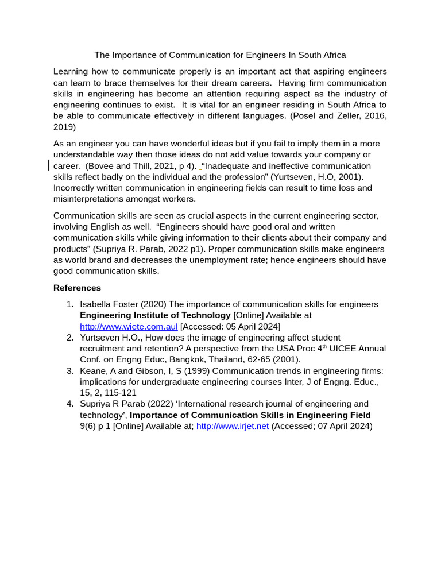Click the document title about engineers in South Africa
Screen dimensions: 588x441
[220, 55]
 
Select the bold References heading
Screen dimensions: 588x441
[77, 288]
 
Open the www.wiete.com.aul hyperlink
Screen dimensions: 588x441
[129, 326]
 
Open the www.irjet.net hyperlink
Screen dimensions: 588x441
[233, 426]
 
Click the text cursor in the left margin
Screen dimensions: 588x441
[49, 165]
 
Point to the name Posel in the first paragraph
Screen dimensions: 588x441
[306, 116]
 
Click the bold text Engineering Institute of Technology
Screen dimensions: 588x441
[155, 315]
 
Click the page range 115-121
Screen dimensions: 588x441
[122, 392]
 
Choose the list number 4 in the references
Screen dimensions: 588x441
[70, 404]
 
